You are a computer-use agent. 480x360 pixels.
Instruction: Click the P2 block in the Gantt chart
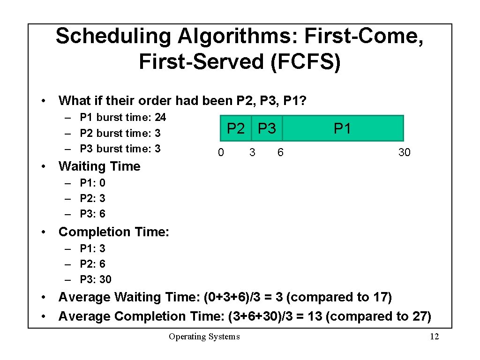tap(236, 128)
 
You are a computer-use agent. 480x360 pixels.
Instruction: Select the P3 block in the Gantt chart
tap(267, 128)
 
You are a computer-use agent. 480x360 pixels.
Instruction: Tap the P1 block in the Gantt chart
tap(342, 128)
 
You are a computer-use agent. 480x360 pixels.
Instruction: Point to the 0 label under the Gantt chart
tap(221, 152)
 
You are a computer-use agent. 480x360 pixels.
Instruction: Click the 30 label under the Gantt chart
tap(404, 152)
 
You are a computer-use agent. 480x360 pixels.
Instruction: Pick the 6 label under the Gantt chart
tap(280, 152)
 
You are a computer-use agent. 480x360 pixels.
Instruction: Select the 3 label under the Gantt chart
tap(252, 152)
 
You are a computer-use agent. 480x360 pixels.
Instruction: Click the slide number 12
tap(434, 337)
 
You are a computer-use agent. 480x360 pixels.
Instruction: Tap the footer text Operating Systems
tap(204, 337)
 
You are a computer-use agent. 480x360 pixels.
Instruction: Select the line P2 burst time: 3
tap(120, 133)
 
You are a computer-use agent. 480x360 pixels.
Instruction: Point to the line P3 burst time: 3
tap(120, 149)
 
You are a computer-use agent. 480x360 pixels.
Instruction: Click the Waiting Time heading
tap(99, 166)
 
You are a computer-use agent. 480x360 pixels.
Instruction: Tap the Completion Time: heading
tap(113, 232)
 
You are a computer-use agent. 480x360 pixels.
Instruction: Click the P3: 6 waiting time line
tap(93, 214)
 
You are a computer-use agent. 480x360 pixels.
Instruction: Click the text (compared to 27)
tap(378, 316)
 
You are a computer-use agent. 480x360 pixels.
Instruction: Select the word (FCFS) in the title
tap(305, 62)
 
